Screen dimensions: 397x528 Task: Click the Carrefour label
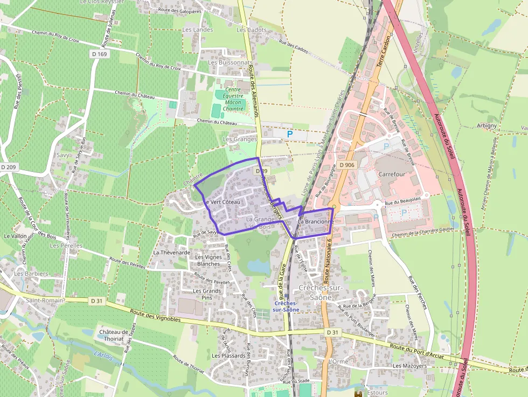pos(391,175)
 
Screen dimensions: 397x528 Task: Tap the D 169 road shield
pos(99,54)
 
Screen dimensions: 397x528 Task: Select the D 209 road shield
pos(9,168)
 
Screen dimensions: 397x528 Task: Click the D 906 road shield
pos(348,165)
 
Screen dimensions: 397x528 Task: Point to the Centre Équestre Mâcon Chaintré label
pos(233,99)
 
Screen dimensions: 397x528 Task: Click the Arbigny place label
pos(487,126)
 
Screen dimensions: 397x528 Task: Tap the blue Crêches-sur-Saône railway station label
pos(286,307)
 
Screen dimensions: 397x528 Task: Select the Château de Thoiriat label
pos(113,336)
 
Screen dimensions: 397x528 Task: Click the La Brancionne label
pos(316,221)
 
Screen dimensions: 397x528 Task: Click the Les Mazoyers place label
pos(409,366)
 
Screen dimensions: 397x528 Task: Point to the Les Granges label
pos(240,139)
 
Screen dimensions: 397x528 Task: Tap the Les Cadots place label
pos(251,30)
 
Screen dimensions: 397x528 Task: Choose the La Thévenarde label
pos(172,252)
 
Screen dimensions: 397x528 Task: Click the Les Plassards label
pos(228,356)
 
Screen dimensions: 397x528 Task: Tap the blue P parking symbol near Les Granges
pos(290,134)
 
